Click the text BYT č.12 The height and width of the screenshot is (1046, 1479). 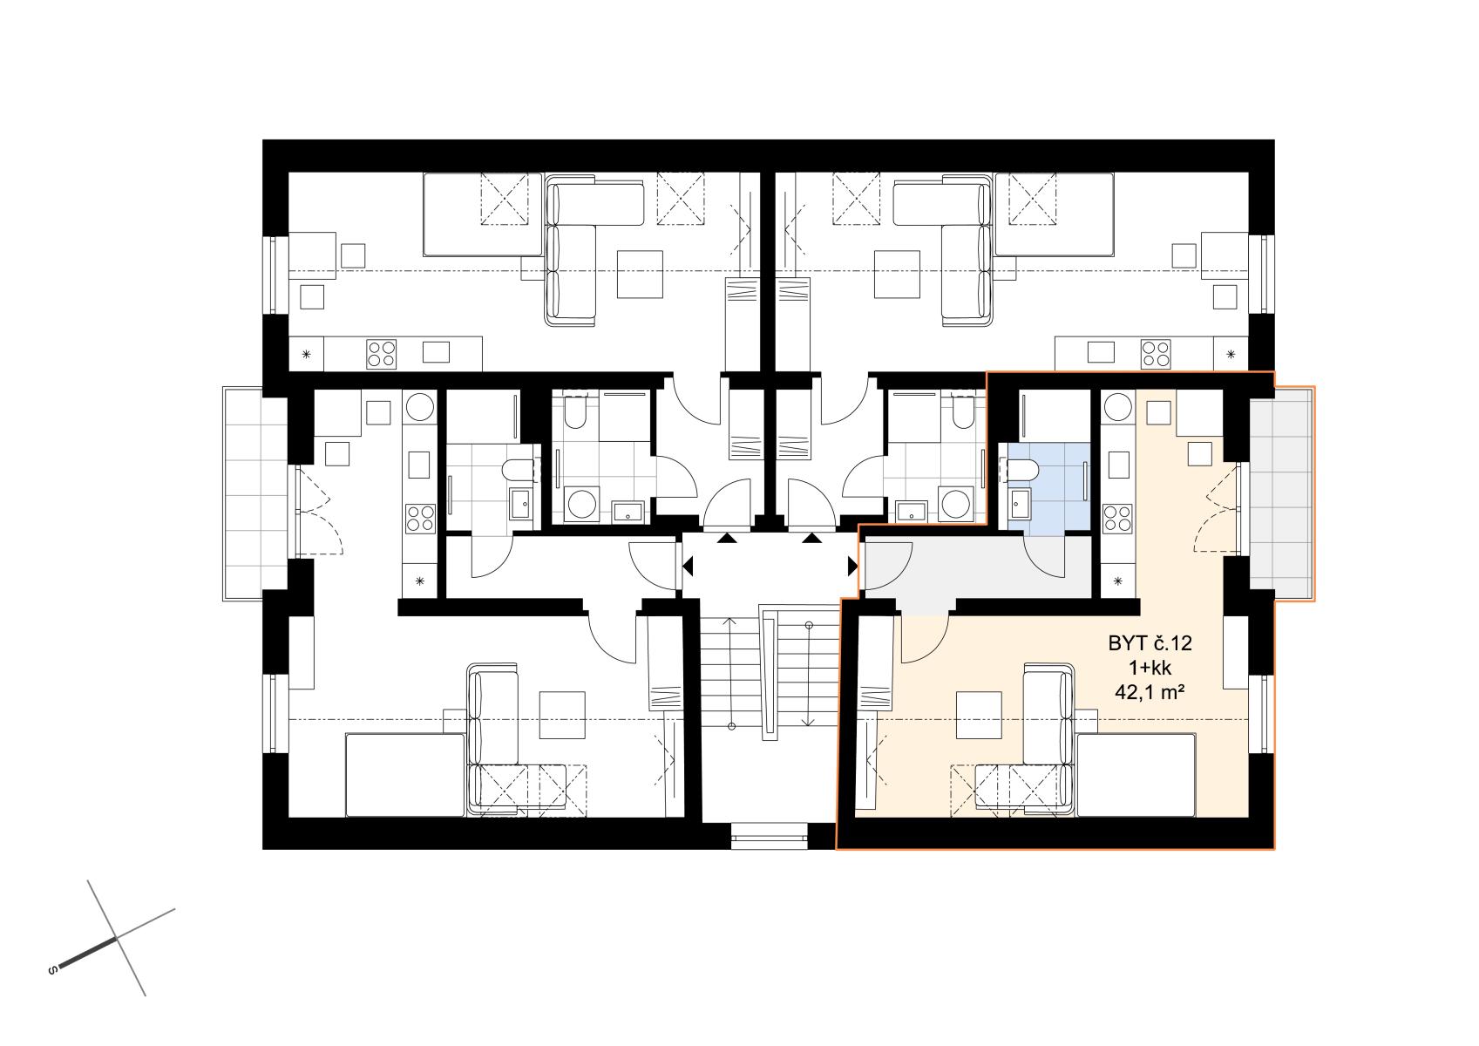pyautogui.click(x=1150, y=643)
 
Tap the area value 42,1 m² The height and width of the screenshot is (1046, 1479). pyautogui.click(x=1150, y=692)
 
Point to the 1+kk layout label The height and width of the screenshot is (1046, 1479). pyautogui.click(x=1150, y=668)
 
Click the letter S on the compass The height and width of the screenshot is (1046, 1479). pyautogui.click(x=52, y=970)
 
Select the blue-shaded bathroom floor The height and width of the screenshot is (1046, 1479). pyautogui.click(x=1057, y=486)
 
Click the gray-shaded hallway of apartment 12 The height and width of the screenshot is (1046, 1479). pyautogui.click(x=977, y=568)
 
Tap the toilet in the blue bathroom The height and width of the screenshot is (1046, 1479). pyautogui.click(x=1022, y=470)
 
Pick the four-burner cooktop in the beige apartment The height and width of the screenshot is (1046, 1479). pyautogui.click(x=1117, y=519)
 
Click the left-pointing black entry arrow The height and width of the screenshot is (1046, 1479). pyautogui.click(x=688, y=566)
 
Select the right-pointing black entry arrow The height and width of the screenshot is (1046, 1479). pyautogui.click(x=852, y=566)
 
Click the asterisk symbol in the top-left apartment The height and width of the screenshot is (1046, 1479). pyautogui.click(x=307, y=355)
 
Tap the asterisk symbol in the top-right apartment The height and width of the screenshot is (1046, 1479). pyautogui.click(x=1231, y=355)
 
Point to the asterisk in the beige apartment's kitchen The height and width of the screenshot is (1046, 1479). pyautogui.click(x=1118, y=581)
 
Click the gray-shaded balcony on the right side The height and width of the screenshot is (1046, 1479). pyautogui.click(x=1281, y=493)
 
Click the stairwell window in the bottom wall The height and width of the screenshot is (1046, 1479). pyautogui.click(x=770, y=835)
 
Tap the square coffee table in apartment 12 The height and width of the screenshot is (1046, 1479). pyautogui.click(x=980, y=715)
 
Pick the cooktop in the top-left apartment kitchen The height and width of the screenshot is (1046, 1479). pyautogui.click(x=382, y=354)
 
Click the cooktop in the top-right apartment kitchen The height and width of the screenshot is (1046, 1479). pyautogui.click(x=1156, y=354)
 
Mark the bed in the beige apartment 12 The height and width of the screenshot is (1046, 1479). pyautogui.click(x=1136, y=775)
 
